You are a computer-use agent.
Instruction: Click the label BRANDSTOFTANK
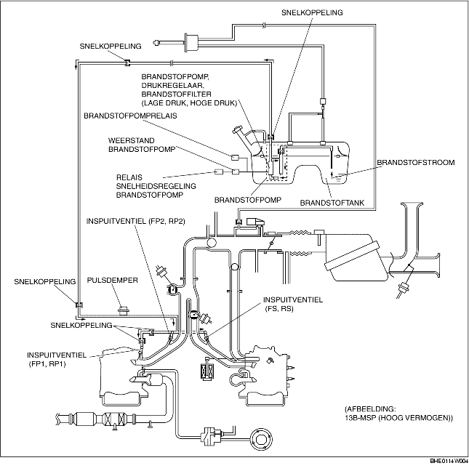click(x=332, y=203)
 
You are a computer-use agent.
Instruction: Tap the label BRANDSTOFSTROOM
click(x=416, y=163)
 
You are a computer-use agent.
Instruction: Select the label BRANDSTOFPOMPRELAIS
click(x=130, y=116)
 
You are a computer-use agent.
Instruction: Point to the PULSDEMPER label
click(x=113, y=281)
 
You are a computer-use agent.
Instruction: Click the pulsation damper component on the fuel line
click(x=123, y=310)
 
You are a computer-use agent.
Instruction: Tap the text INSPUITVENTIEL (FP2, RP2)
click(x=136, y=222)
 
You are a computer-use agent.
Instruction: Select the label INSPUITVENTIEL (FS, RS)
click(x=293, y=304)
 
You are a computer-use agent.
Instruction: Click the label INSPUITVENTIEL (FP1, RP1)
click(x=57, y=360)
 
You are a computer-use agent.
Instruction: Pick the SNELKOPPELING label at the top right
click(x=312, y=12)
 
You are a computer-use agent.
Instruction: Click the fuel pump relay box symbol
click(x=235, y=157)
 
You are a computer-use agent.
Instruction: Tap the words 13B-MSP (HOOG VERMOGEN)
click(x=398, y=418)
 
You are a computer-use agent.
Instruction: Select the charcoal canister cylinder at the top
click(x=192, y=44)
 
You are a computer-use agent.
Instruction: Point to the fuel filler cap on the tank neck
click(x=237, y=131)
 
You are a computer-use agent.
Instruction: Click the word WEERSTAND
click(x=132, y=140)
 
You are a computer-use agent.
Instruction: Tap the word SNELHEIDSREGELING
click(x=156, y=186)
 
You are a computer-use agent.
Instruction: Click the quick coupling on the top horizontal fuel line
click(x=127, y=63)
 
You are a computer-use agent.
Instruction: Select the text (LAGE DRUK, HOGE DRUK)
click(x=189, y=103)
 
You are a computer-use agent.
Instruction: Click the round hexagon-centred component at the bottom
click(x=260, y=440)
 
